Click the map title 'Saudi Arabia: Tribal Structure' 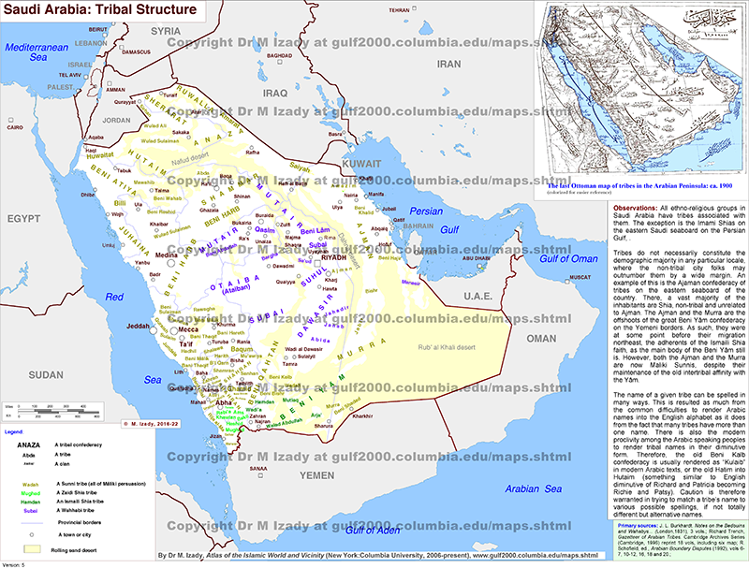coord(101,10)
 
